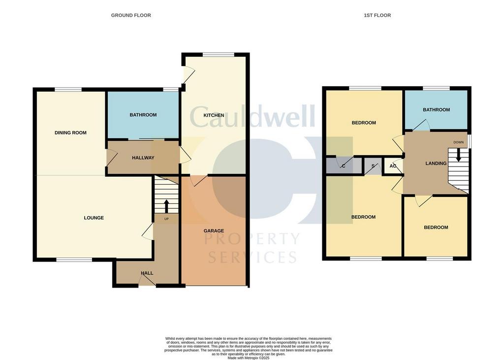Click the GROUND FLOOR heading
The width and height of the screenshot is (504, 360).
131,15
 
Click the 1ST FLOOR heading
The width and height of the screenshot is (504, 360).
377,15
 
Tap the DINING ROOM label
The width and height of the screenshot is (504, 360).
70,132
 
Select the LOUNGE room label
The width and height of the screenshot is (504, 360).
94,218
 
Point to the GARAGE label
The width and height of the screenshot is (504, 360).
214,230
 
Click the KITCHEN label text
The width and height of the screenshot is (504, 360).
207,115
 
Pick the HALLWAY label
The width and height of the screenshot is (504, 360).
143,158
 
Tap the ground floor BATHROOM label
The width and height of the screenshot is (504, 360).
143,115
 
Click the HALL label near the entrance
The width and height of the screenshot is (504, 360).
147,273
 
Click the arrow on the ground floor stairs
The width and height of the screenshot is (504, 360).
166,205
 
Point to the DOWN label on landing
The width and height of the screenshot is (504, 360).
459,142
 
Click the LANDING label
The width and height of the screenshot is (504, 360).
436,164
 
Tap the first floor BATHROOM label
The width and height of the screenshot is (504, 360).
436,109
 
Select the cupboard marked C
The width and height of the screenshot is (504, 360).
343,166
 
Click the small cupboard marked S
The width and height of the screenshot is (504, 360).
373,166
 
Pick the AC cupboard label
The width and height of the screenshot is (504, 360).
393,166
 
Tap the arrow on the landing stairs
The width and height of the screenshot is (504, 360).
459,155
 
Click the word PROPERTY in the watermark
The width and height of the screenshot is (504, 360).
252,239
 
